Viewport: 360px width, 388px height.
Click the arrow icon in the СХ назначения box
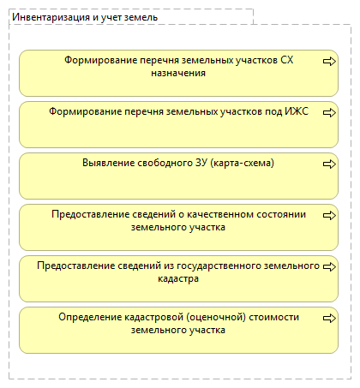coord(328,61)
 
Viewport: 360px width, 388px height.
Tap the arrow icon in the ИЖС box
coord(328,112)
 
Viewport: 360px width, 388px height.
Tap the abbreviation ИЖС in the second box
coord(295,112)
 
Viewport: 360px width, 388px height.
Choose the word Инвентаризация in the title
coord(47,17)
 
